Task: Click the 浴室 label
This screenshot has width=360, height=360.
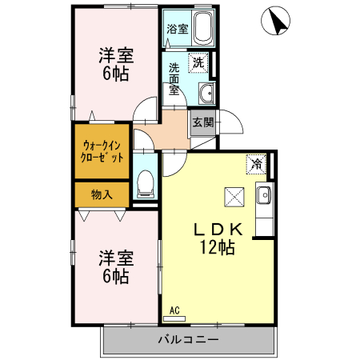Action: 177,30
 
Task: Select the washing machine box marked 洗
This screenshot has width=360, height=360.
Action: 198,62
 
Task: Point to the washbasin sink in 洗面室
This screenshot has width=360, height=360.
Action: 205,92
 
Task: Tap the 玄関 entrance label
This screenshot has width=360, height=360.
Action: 202,122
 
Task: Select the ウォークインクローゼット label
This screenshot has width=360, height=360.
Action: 102,151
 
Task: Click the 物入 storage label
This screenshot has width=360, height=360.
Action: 101,194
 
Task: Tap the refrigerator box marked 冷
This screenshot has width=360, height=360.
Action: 256,163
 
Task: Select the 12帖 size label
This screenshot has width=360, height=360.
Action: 216,249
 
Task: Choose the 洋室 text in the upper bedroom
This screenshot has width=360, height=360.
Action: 115,56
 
